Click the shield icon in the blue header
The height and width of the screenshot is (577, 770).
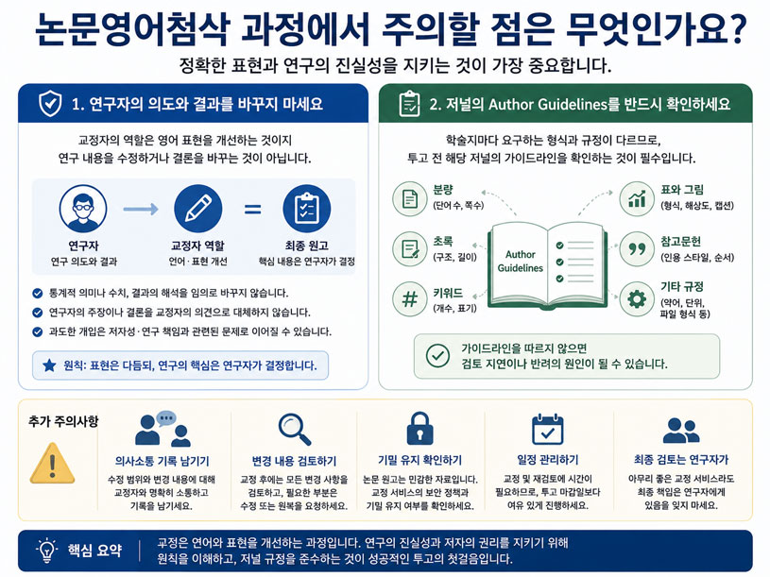[50, 103]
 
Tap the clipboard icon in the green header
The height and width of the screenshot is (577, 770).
[409, 104]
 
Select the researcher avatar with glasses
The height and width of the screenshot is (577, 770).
[83, 209]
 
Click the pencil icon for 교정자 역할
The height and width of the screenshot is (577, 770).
[197, 209]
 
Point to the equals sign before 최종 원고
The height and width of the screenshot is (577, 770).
[252, 210]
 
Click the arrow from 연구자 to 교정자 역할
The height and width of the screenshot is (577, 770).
[141, 209]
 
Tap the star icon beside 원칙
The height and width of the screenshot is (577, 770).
[49, 365]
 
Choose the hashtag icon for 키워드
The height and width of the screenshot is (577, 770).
[409, 298]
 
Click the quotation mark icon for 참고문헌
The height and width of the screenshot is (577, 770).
[637, 249]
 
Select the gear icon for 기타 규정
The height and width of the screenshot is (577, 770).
[637, 298]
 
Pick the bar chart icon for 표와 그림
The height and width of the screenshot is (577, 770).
[637, 198]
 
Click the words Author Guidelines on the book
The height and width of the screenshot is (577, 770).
[520, 261]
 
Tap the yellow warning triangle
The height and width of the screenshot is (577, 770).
[52, 463]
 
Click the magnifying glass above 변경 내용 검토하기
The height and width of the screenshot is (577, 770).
[295, 430]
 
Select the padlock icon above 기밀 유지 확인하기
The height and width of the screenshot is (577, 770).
[419, 429]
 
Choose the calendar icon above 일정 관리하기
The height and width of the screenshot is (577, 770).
[548, 430]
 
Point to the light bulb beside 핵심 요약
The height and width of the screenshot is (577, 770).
[47, 551]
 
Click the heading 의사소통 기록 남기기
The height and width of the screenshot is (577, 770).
[163, 461]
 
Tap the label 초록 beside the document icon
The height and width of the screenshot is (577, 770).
[443, 241]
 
